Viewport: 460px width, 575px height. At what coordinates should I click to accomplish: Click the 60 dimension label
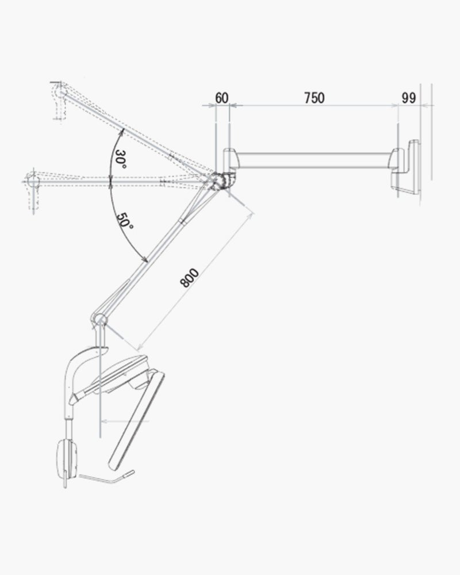[x=221, y=98]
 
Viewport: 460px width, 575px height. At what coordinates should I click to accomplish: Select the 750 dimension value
[x=315, y=98]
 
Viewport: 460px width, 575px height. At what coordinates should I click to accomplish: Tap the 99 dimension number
[x=409, y=98]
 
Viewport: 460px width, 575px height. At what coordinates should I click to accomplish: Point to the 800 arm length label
[x=189, y=278]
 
